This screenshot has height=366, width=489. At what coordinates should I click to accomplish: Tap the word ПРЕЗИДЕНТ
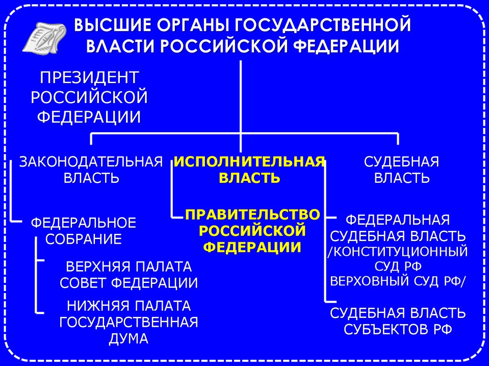[89, 77]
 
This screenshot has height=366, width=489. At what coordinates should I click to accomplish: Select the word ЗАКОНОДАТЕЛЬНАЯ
[91, 161]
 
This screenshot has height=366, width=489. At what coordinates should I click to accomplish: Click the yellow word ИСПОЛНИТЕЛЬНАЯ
[249, 161]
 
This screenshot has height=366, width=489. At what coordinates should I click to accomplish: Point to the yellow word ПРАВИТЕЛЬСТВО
[253, 215]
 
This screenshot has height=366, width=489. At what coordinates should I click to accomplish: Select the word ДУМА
[128, 339]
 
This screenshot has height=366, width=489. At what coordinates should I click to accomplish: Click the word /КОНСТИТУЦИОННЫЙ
[398, 251]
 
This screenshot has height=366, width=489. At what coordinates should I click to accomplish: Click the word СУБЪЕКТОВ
[387, 330]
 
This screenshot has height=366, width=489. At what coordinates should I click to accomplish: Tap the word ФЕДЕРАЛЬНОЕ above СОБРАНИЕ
[84, 222]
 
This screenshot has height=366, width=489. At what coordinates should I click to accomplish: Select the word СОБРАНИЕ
[84, 239]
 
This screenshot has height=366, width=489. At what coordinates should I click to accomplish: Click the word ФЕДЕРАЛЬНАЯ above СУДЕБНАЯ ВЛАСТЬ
[398, 220]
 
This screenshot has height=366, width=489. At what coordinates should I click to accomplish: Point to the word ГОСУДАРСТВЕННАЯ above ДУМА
[128, 322]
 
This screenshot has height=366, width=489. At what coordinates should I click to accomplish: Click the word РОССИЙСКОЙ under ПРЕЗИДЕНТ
[89, 97]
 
